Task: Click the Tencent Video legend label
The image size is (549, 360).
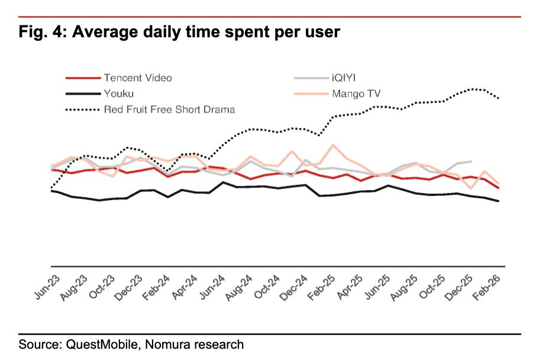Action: [138, 78]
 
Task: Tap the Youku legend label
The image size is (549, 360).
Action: [118, 94]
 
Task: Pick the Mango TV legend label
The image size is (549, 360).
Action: [356, 94]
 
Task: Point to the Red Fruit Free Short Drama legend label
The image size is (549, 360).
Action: [169, 109]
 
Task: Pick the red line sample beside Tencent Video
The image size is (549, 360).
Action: [82, 78]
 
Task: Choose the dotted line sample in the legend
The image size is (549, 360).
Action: [82, 109]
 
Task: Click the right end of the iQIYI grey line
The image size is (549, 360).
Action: [471, 161]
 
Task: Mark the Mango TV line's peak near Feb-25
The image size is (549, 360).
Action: [334, 144]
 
